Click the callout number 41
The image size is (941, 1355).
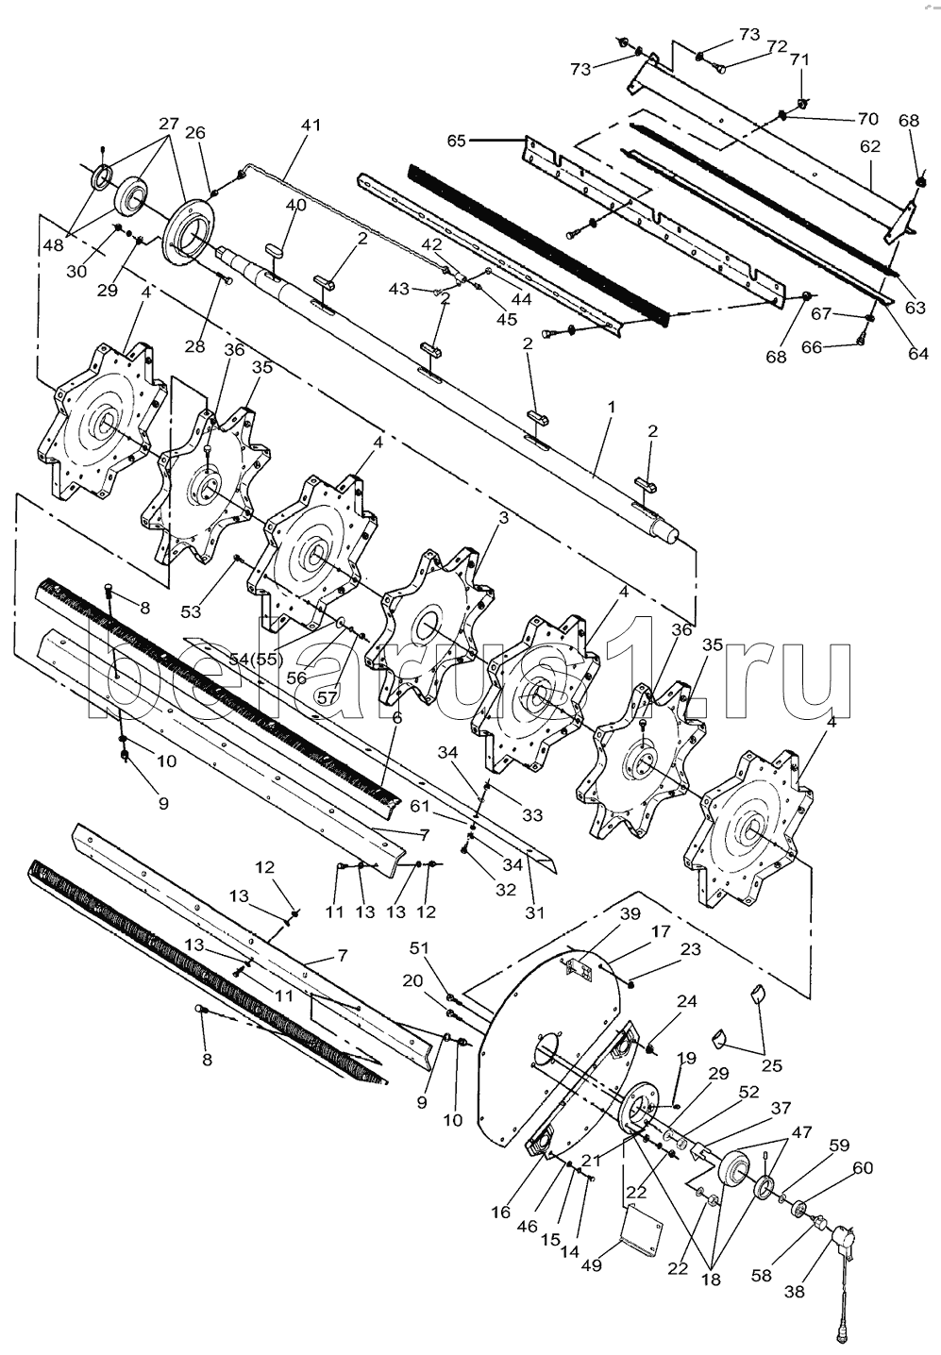coord(311,125)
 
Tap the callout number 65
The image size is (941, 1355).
coord(456,141)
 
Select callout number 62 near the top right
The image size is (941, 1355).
coord(869,146)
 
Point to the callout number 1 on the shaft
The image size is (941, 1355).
coord(611,407)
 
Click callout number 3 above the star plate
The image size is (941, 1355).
coord(503,518)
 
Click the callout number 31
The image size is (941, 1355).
coord(535,912)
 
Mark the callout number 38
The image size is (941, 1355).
coord(795,1292)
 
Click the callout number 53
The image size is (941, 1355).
coord(192,612)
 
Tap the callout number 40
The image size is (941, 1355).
coord(295,205)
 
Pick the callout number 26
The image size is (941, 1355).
coord(195,133)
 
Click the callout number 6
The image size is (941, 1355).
coord(396,718)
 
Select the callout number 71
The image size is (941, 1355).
coord(799,59)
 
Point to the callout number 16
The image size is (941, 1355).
coord(499,1213)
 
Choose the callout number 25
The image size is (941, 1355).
coord(772,1066)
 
